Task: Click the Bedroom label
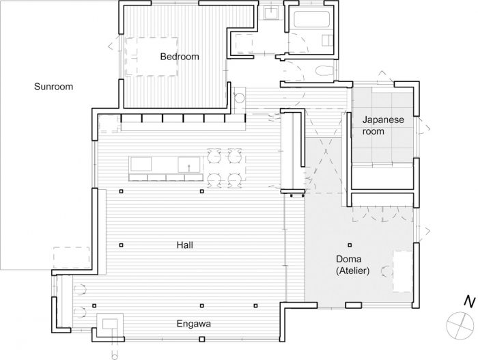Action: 180,57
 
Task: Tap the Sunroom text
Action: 53,87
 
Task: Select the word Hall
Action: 185,245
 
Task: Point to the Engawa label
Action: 193,324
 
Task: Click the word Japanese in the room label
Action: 383,120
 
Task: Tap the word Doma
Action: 348,259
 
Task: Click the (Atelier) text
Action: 352,271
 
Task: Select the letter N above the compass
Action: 469,301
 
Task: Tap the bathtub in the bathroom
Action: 311,20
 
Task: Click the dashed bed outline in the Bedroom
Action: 152,57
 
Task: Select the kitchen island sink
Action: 189,165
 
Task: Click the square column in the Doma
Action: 350,245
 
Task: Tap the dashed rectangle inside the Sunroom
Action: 72,258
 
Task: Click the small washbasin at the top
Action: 270,13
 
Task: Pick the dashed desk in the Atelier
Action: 403,271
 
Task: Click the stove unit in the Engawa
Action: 110,324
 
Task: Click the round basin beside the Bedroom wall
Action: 240,98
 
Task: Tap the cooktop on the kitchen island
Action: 141,165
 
